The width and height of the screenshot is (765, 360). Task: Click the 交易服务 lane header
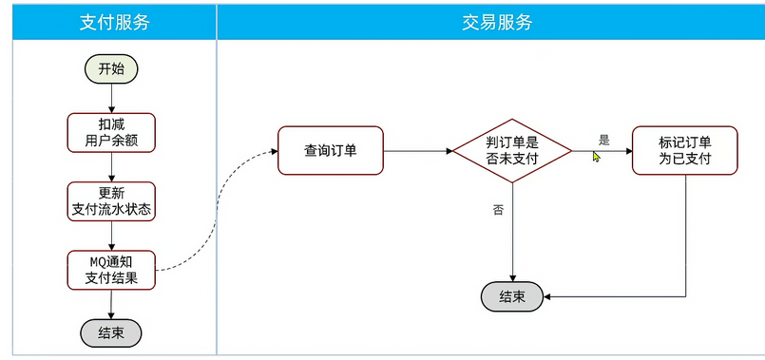coord(489,22)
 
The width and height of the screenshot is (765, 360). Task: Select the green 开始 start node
coord(111,68)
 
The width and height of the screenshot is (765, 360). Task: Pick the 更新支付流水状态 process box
coord(112,201)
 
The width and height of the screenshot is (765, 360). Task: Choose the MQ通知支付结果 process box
coord(111,270)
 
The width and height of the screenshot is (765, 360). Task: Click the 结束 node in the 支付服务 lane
coord(111,332)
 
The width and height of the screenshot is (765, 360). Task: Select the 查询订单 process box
coord(330,150)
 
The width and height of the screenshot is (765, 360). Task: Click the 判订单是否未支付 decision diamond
coord(512,151)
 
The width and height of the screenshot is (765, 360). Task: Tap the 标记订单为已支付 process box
coord(684,150)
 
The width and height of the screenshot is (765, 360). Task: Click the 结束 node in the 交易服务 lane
coord(512,296)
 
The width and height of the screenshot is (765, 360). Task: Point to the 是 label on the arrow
coord(603,140)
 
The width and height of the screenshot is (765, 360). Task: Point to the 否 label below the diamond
coord(498,210)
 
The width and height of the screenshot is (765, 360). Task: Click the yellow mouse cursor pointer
coord(597,157)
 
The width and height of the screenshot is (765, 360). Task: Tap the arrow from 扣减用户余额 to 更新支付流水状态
coord(111,167)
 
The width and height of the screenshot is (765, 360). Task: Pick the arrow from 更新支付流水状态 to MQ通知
coord(111,237)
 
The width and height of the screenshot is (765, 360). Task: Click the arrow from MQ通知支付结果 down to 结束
coord(111,304)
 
